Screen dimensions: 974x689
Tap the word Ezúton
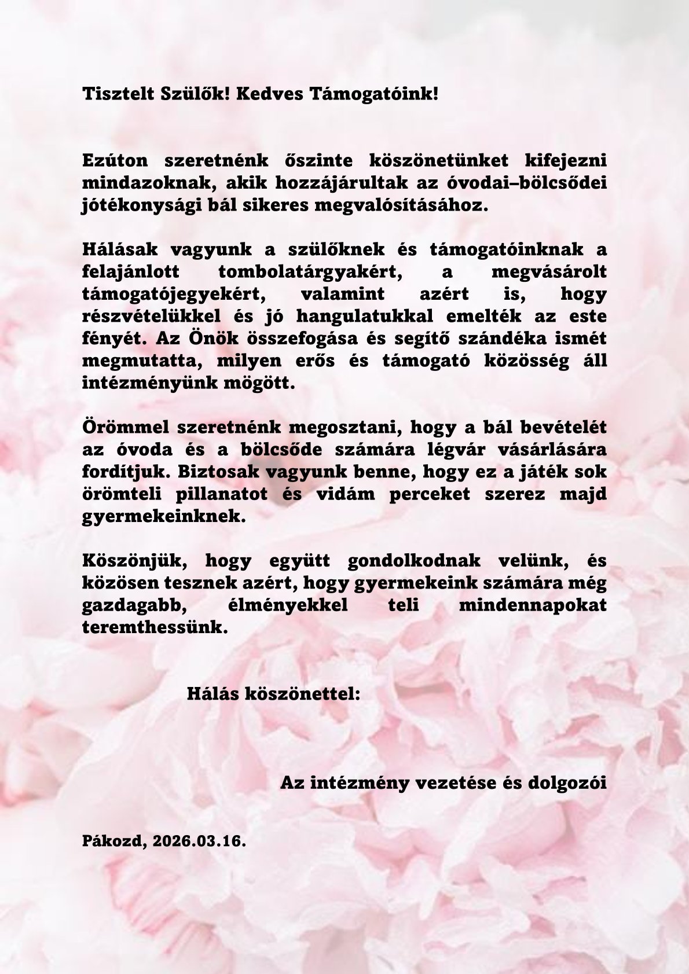(x=115, y=160)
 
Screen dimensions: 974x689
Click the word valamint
(x=343, y=294)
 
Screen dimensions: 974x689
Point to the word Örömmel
(x=125, y=428)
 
